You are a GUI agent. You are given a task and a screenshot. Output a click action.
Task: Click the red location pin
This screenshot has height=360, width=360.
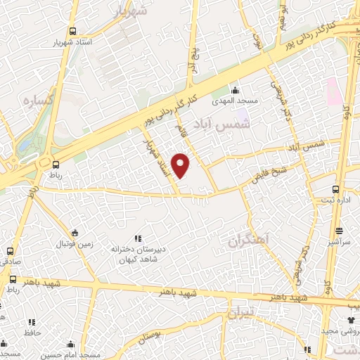point(181,165)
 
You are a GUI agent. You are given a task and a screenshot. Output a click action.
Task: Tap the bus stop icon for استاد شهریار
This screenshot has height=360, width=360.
point(72,32)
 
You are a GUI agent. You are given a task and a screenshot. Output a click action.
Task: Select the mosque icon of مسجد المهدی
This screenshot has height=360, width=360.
point(236,89)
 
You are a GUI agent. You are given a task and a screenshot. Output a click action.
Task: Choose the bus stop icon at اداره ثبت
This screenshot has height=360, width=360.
point(335,189)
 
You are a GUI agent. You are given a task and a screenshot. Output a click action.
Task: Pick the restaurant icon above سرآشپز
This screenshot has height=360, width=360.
point(339,230)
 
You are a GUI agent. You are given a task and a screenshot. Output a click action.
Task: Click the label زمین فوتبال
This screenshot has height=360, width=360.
point(75,244)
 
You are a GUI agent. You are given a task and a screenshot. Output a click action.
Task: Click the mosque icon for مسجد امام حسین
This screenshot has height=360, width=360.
point(70,344)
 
